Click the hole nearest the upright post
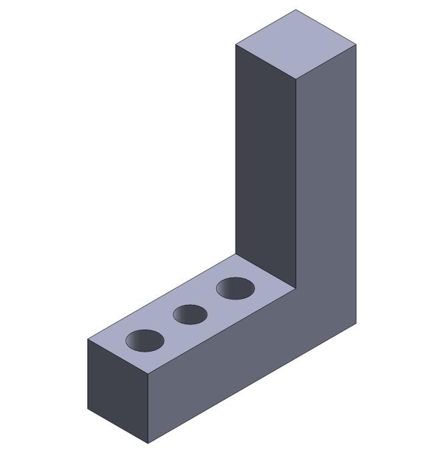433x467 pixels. click(x=236, y=288)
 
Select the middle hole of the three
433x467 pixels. click(x=190, y=314)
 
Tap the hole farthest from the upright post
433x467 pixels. click(x=145, y=340)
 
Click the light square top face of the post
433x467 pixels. click(x=296, y=44)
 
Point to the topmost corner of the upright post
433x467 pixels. click(x=296, y=10)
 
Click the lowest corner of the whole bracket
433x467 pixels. click(x=148, y=443)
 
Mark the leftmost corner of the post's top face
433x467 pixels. click(x=236, y=44)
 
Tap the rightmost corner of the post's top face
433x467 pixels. click(x=356, y=45)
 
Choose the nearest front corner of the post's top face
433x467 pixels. click(x=296, y=79)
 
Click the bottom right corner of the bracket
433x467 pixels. click(x=356, y=324)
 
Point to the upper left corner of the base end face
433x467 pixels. click(x=87, y=340)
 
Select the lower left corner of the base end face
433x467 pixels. click(x=87, y=408)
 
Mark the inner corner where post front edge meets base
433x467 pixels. click(x=296, y=288)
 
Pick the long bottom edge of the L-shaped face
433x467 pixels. click(x=252, y=384)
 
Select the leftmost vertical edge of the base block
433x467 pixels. click(x=87, y=374)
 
